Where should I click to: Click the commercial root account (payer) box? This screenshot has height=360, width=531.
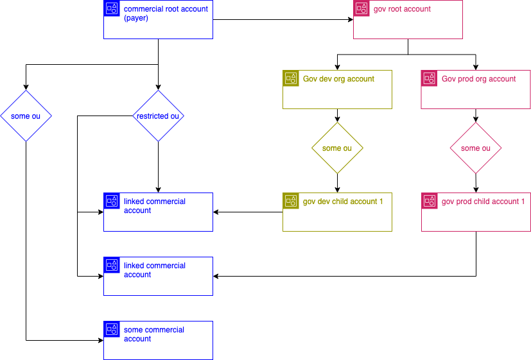click(x=158, y=19)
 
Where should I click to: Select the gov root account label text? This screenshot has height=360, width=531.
click(x=402, y=10)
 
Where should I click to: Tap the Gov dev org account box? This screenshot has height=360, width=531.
click(x=337, y=89)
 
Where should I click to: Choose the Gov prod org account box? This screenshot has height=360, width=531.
click(x=476, y=89)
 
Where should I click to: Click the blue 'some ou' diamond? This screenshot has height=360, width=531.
click(x=26, y=116)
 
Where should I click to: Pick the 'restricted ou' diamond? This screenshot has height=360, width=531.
click(x=158, y=116)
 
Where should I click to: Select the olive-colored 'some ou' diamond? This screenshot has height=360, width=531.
click(x=337, y=148)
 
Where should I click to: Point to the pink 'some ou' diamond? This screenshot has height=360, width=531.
click(x=475, y=148)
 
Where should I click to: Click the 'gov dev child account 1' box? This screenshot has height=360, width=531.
click(x=337, y=212)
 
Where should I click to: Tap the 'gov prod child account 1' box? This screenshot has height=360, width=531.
click(x=476, y=212)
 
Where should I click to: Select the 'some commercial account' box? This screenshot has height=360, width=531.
click(x=158, y=340)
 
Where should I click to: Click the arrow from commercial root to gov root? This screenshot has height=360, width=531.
click(x=283, y=20)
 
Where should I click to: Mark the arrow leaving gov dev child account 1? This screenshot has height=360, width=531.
click(x=248, y=212)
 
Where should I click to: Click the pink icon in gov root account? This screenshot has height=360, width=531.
click(x=362, y=8)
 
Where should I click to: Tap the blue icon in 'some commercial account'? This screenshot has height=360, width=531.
click(x=112, y=329)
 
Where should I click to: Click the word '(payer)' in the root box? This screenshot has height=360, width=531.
click(x=136, y=19)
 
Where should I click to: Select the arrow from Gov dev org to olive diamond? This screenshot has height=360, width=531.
click(x=337, y=116)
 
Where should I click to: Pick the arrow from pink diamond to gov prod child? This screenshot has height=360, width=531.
click(x=475, y=183)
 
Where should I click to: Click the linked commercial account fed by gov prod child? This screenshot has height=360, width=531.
click(x=158, y=276)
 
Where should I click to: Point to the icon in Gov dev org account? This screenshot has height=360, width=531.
click(x=291, y=78)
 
